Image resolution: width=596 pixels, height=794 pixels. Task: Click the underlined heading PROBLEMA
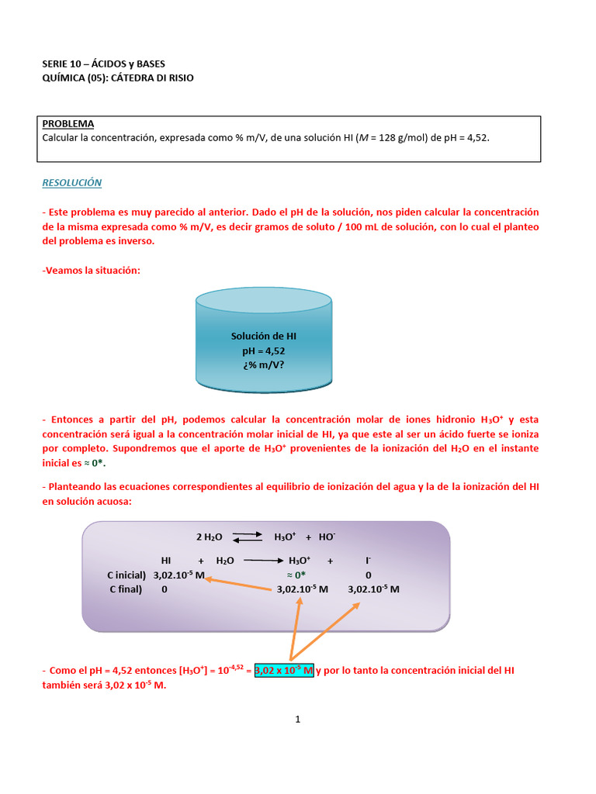68,123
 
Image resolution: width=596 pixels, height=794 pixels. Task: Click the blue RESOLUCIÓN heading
71,183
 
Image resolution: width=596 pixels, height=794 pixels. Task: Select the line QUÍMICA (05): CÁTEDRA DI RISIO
118,78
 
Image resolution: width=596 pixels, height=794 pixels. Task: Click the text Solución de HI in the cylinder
264,336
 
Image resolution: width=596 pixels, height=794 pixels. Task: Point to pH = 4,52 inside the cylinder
264,350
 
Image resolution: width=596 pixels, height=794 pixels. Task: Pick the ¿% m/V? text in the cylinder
264,365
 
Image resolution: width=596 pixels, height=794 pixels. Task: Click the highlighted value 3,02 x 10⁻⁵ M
284,670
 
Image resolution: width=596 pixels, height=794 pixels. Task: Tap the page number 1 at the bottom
297,719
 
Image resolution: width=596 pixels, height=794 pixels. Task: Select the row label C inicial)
126,575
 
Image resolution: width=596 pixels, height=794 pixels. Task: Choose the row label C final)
128,589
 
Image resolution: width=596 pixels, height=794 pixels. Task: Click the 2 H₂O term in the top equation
209,537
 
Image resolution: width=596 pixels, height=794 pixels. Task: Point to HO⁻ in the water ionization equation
327,537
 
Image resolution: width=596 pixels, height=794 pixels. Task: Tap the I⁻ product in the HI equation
368,560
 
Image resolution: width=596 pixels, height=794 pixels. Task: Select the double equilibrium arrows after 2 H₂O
248,537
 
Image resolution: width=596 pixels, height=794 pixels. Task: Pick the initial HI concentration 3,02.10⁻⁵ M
179,575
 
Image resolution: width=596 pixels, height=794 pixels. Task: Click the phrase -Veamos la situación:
91,270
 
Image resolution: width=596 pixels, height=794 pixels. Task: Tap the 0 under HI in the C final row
165,589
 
